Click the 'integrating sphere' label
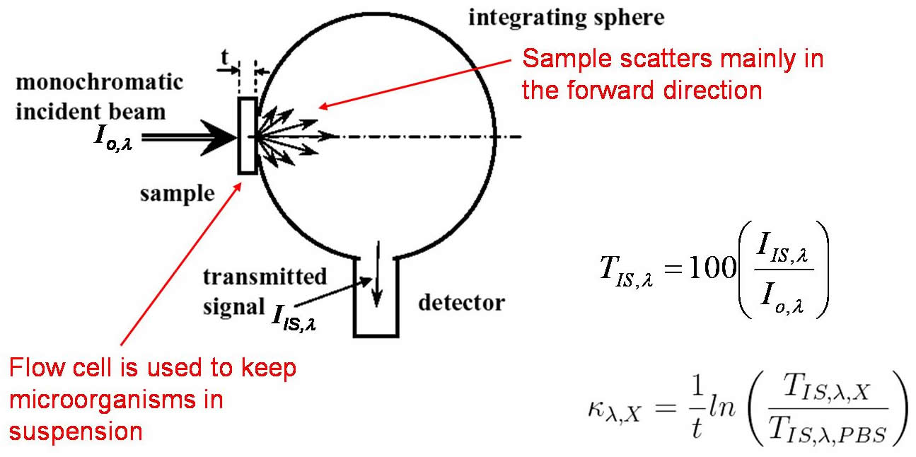566,18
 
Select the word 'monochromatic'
99,82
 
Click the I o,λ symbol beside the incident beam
112,137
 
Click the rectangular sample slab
246,136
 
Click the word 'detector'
461,303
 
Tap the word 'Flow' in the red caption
36,369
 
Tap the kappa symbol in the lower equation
597,411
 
